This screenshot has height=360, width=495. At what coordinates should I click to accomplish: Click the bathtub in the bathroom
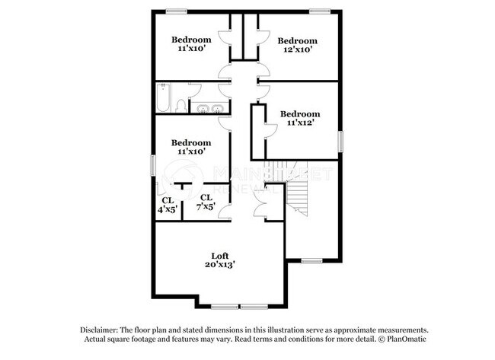pyautogui.click(x=164, y=98)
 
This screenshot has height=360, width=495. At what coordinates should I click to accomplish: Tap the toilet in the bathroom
pyautogui.click(x=180, y=104)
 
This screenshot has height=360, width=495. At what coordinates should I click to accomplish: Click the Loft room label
pyautogui.click(x=220, y=255)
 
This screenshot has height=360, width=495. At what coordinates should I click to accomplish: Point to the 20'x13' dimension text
pyautogui.click(x=219, y=265)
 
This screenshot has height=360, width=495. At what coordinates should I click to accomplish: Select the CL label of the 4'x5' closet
pyautogui.click(x=167, y=200)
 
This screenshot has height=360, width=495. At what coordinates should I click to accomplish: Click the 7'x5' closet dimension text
pyautogui.click(x=206, y=206)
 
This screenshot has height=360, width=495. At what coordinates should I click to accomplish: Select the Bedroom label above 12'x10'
pyautogui.click(x=296, y=40)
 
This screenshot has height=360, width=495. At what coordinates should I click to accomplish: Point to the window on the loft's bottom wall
pyautogui.click(x=228, y=307)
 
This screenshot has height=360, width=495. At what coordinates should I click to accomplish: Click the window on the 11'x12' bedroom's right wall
pyautogui.click(x=341, y=140)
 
